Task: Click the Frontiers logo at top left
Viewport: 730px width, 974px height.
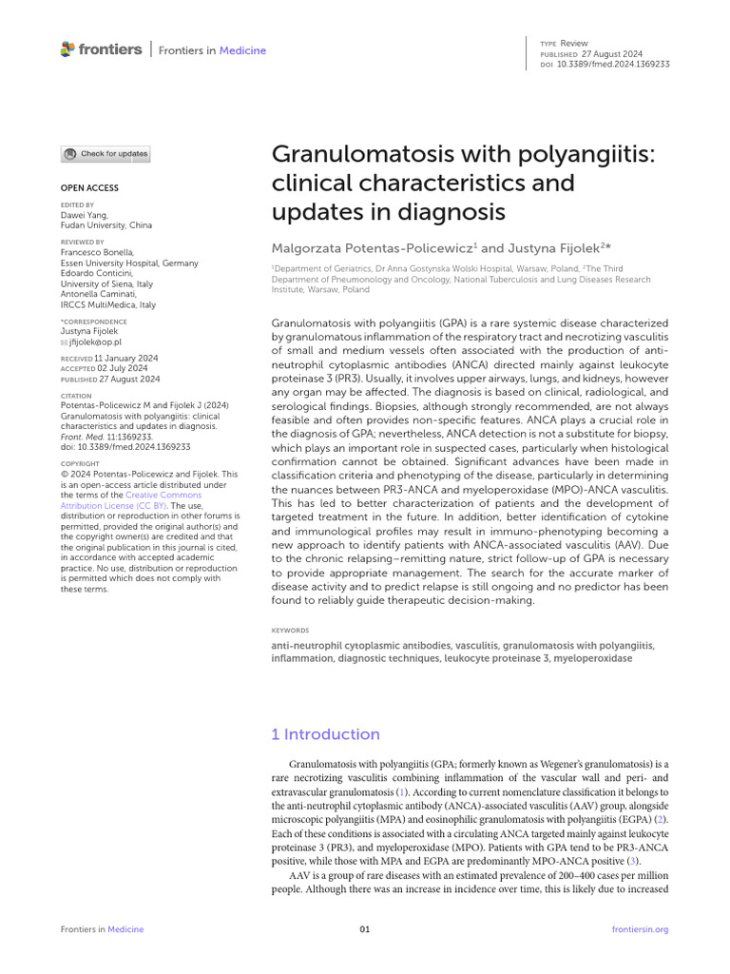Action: (x=101, y=49)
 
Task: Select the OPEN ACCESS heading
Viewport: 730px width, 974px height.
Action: (x=89, y=188)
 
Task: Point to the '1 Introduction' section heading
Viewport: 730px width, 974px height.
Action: (x=325, y=734)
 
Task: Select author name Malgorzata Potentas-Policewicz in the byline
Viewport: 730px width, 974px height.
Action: (x=372, y=247)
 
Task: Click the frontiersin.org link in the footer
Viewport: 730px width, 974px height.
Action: (x=641, y=929)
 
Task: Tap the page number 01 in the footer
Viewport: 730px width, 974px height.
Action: (x=365, y=929)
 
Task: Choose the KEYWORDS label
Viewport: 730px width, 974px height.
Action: (x=290, y=630)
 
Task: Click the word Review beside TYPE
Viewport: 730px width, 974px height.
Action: (x=574, y=43)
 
